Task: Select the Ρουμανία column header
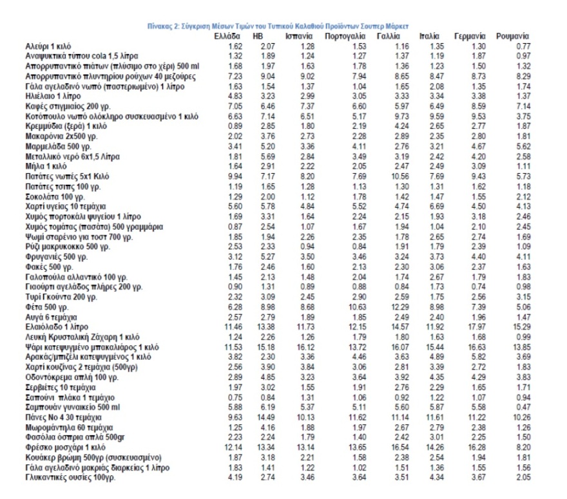click(x=513, y=37)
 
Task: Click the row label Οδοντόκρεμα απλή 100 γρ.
click(x=70, y=375)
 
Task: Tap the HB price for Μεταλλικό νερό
click(x=267, y=156)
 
